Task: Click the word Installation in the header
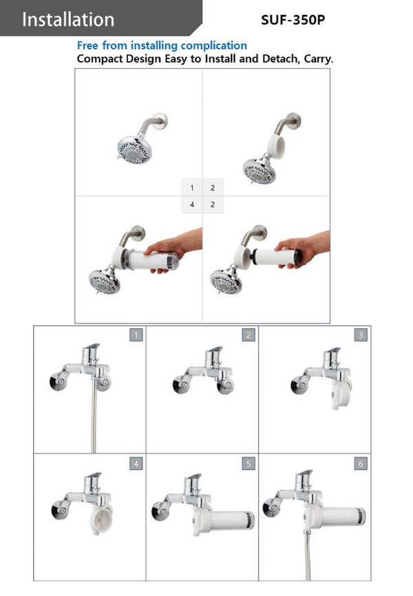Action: click(68, 19)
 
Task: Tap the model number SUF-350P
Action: click(293, 20)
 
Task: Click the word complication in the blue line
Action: click(213, 46)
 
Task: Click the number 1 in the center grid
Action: click(191, 188)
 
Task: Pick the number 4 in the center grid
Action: click(191, 204)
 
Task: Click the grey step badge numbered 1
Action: click(136, 335)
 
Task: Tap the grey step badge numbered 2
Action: click(248, 335)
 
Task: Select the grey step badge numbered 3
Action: click(361, 335)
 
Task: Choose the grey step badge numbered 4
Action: click(136, 463)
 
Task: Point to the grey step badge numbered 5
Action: click(248, 463)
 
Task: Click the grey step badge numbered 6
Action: click(361, 463)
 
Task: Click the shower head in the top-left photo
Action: click(134, 149)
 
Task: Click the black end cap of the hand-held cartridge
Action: click(297, 257)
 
